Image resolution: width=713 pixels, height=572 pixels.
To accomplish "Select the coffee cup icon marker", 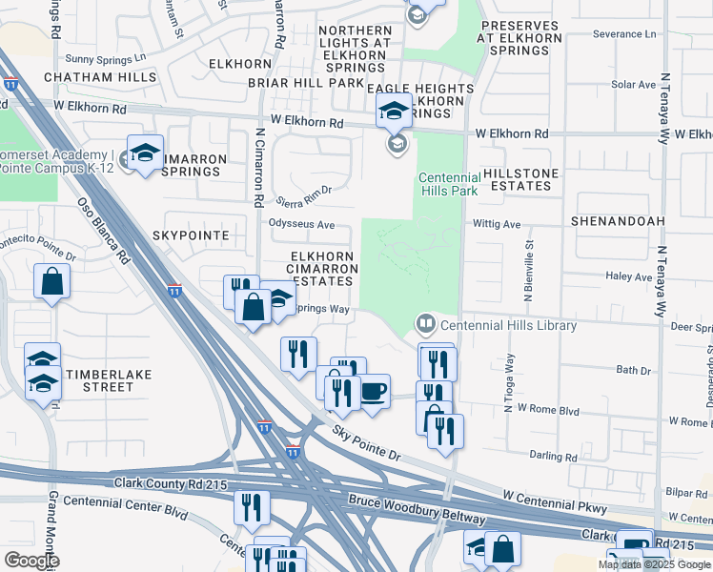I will pyautogui.click(x=374, y=390).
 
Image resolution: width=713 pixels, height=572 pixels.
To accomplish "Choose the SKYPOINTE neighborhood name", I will pyautogui.click(x=190, y=234).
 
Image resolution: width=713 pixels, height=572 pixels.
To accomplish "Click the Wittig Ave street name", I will pyautogui.click(x=497, y=225).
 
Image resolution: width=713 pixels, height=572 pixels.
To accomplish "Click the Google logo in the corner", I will pyautogui.click(x=32, y=561).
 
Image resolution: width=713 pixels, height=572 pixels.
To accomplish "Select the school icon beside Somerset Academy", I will pyautogui.click(x=145, y=153).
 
